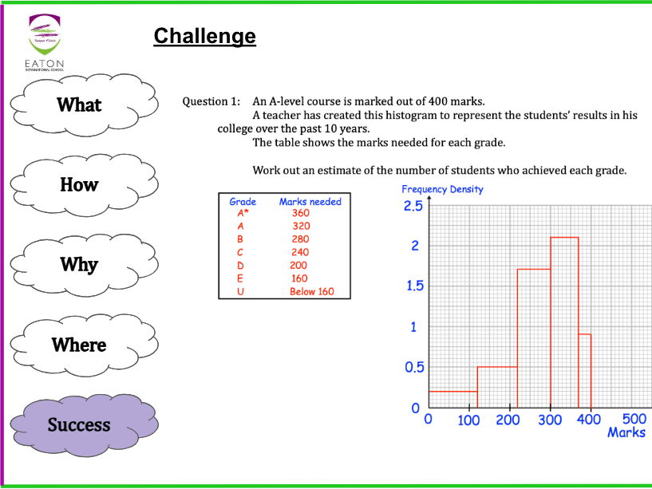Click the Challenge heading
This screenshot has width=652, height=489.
[x=204, y=36]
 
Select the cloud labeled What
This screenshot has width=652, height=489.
[x=79, y=105]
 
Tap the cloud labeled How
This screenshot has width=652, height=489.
[x=79, y=184]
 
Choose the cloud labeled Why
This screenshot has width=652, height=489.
[x=79, y=264]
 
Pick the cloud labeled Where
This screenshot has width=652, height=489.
[x=79, y=345]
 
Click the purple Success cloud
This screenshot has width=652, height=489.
[x=79, y=424]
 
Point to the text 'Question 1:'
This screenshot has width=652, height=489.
[x=211, y=101]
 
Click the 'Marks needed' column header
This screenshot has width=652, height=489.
[x=310, y=202]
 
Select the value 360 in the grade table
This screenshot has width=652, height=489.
[x=301, y=213]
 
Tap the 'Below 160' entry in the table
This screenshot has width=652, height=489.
[x=311, y=291]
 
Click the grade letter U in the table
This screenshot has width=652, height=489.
[x=240, y=291]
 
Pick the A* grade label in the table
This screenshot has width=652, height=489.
[x=243, y=213]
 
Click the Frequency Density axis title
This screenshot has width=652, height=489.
[x=442, y=189]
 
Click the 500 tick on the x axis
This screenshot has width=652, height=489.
[x=634, y=420]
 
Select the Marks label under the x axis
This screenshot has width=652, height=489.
[x=626, y=432]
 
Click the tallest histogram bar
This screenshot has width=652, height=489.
[x=564, y=323]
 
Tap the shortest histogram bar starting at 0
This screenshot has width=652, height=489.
[x=452, y=400]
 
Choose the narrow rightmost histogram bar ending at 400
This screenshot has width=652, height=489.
[x=584, y=371]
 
